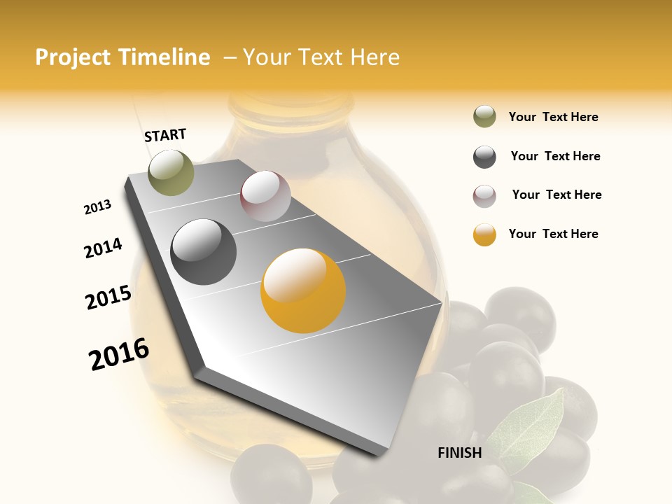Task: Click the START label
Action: point(165,135)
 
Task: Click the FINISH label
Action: point(459,453)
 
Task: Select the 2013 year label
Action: point(97,207)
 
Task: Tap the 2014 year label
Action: point(103,248)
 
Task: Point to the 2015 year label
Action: point(108,297)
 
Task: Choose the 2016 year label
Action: point(119,354)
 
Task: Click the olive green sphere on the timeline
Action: point(171,172)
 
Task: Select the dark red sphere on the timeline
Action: point(265,196)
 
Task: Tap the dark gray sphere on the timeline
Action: point(204,252)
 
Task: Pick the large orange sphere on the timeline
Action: point(303,290)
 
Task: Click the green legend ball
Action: point(484,117)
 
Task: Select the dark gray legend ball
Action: point(484,157)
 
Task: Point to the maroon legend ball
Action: point(484,196)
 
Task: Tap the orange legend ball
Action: point(484,234)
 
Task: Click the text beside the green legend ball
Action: point(553,117)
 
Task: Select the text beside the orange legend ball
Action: point(553,234)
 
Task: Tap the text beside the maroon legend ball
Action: point(556,195)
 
